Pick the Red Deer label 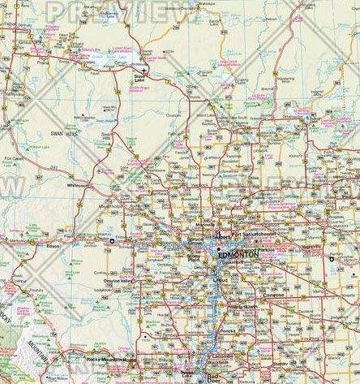(215, 378)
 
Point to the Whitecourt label (78, 185)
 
